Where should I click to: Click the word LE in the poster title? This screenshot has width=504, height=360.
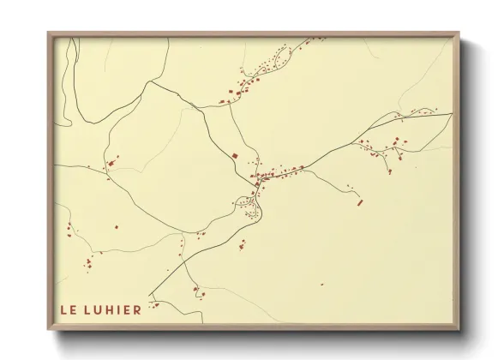[x=68, y=309]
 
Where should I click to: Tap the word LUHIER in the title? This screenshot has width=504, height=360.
[x=113, y=309]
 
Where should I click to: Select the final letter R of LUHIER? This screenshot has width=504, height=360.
[x=136, y=309]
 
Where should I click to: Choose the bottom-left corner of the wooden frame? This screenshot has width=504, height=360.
[x=49, y=329]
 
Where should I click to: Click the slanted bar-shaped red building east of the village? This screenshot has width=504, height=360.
[x=360, y=202]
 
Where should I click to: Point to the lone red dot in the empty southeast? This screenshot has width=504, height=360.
[x=321, y=283]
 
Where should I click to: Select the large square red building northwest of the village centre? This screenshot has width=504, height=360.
[x=234, y=155]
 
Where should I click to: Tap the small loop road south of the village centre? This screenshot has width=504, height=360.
[x=246, y=202]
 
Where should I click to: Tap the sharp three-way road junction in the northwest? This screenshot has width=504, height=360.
[x=150, y=82]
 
